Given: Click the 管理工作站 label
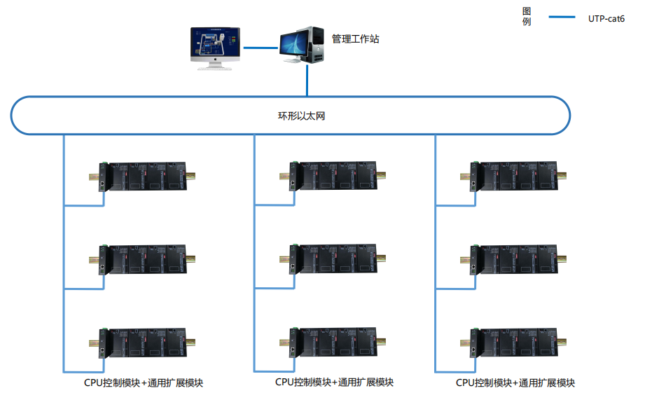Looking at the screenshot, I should pos(356,39).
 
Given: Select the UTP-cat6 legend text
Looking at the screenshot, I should pos(606,18).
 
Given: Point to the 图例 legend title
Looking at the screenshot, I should pos(527,16).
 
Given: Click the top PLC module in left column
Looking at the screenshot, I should pos(146,177).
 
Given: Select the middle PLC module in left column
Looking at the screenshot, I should pos(146,258).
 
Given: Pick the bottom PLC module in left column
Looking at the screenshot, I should pos(146,341).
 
